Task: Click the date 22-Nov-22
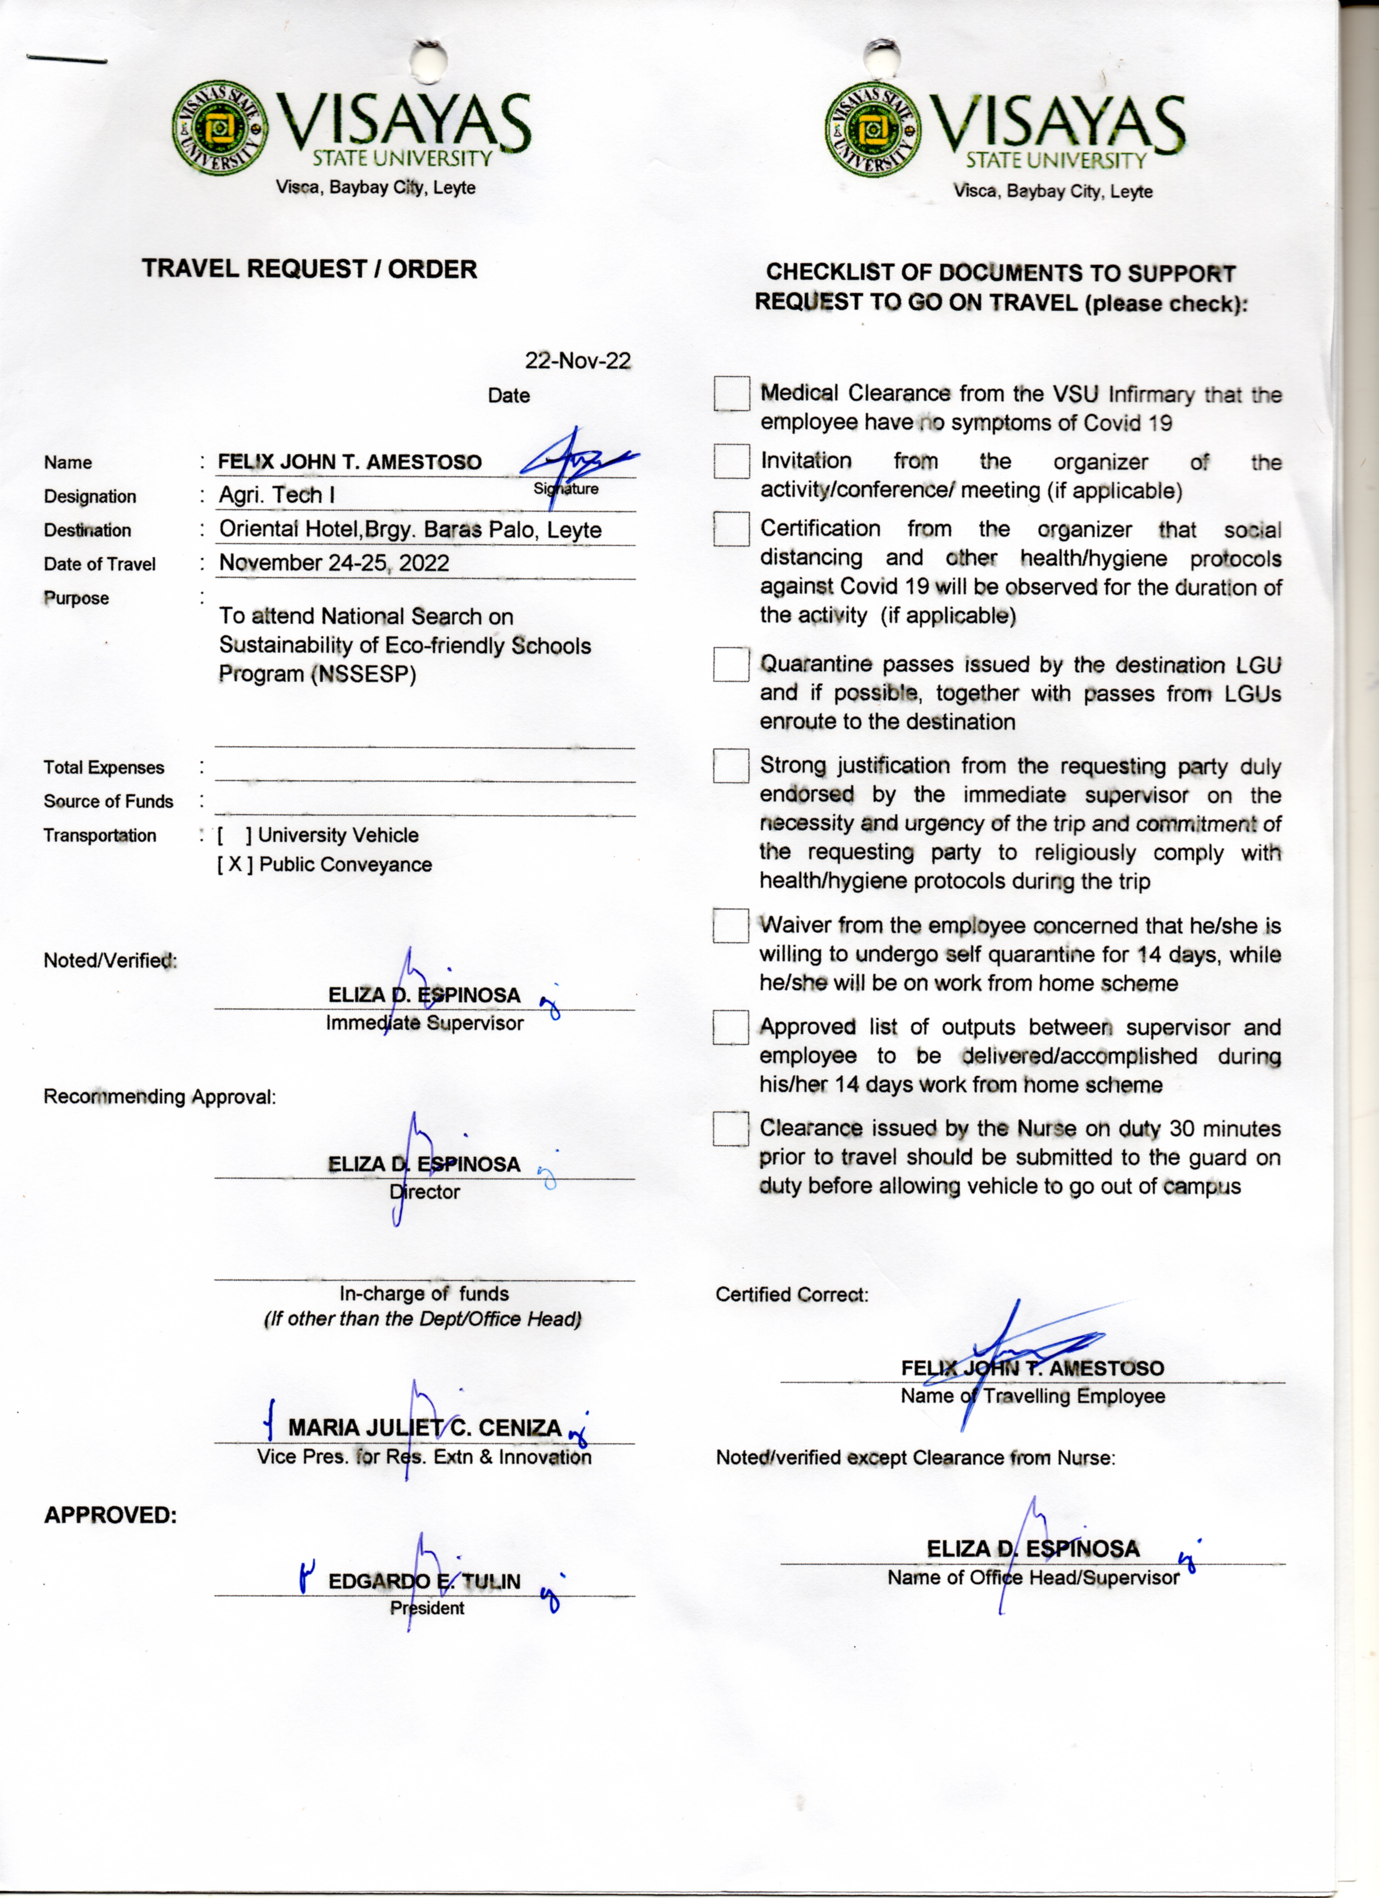(577, 361)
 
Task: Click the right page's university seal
(873, 130)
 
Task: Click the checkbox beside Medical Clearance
(731, 393)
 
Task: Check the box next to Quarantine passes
(731, 664)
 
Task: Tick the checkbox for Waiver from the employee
(731, 926)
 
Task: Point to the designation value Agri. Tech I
(277, 495)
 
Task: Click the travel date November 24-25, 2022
(334, 563)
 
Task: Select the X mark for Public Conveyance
(234, 864)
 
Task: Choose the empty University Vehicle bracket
(234, 835)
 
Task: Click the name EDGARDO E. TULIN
(424, 1582)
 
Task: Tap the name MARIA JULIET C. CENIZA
(424, 1428)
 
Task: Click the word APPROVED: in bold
(110, 1516)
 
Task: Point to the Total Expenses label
(104, 767)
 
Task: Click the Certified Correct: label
(792, 1295)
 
